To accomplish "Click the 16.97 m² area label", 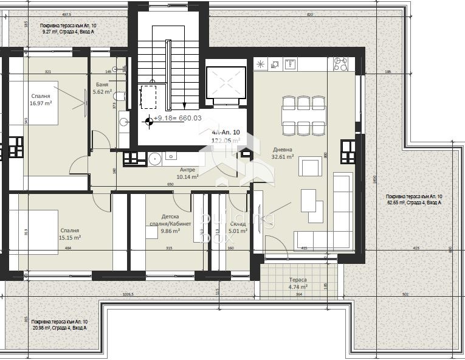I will pos(41,104).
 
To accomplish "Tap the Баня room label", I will pos(102,85).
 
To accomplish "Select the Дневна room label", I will pos(283,149).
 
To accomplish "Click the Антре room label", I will pos(187,170).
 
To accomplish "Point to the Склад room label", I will pos(238,224).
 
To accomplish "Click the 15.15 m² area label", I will pos(70,238).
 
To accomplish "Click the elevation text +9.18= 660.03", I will pos(177,119).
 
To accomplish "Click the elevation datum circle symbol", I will pos(147,120).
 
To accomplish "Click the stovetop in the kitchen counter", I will pos(341,64).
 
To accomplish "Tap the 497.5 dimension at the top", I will pos(66,14).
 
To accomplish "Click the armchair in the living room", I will pos(312,167).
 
